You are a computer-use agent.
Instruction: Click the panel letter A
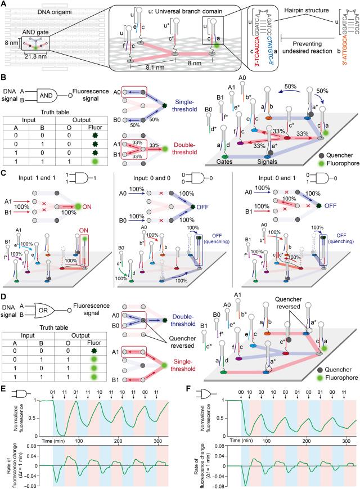click(x=5, y=5)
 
